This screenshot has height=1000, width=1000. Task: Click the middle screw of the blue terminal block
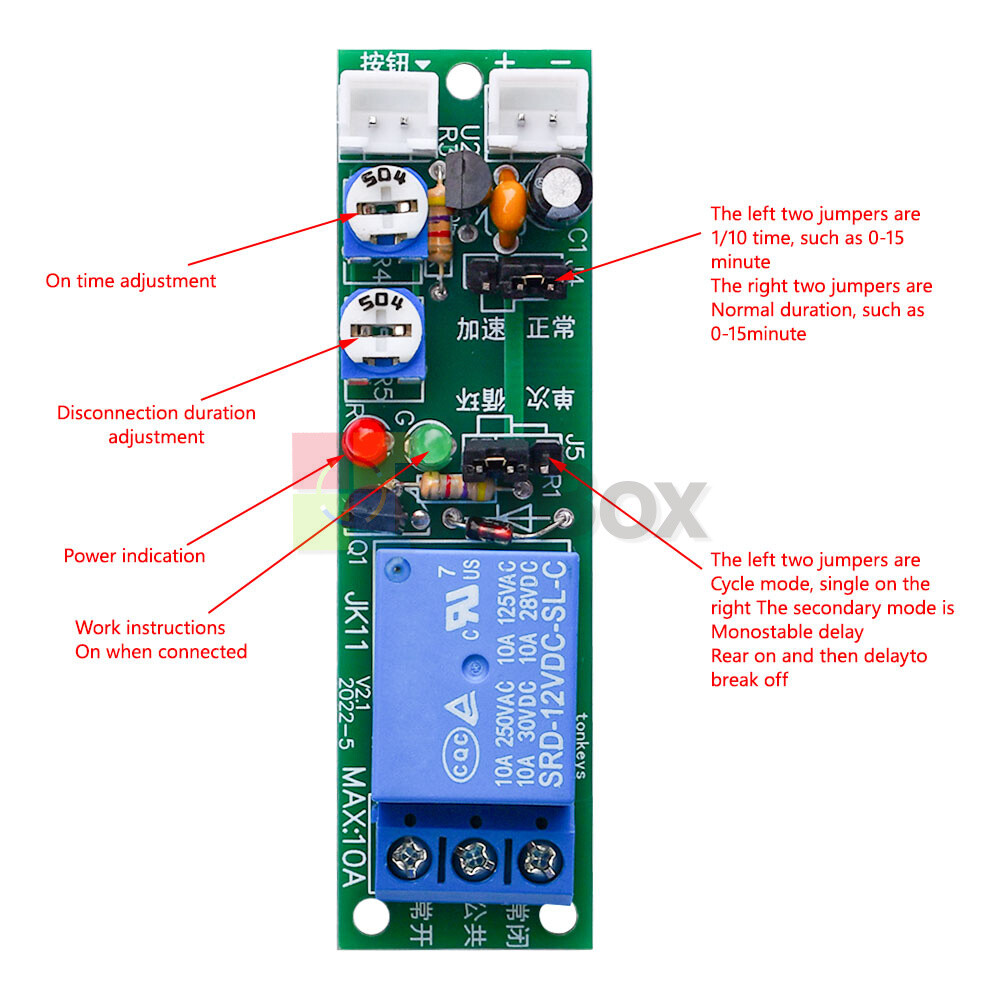coord(475,857)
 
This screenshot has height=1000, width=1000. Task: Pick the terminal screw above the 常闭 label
coord(538,857)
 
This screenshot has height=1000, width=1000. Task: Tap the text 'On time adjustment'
coord(130,281)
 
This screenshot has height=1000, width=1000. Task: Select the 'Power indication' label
coord(134,556)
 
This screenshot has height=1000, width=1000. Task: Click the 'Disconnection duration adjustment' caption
coord(156,424)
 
